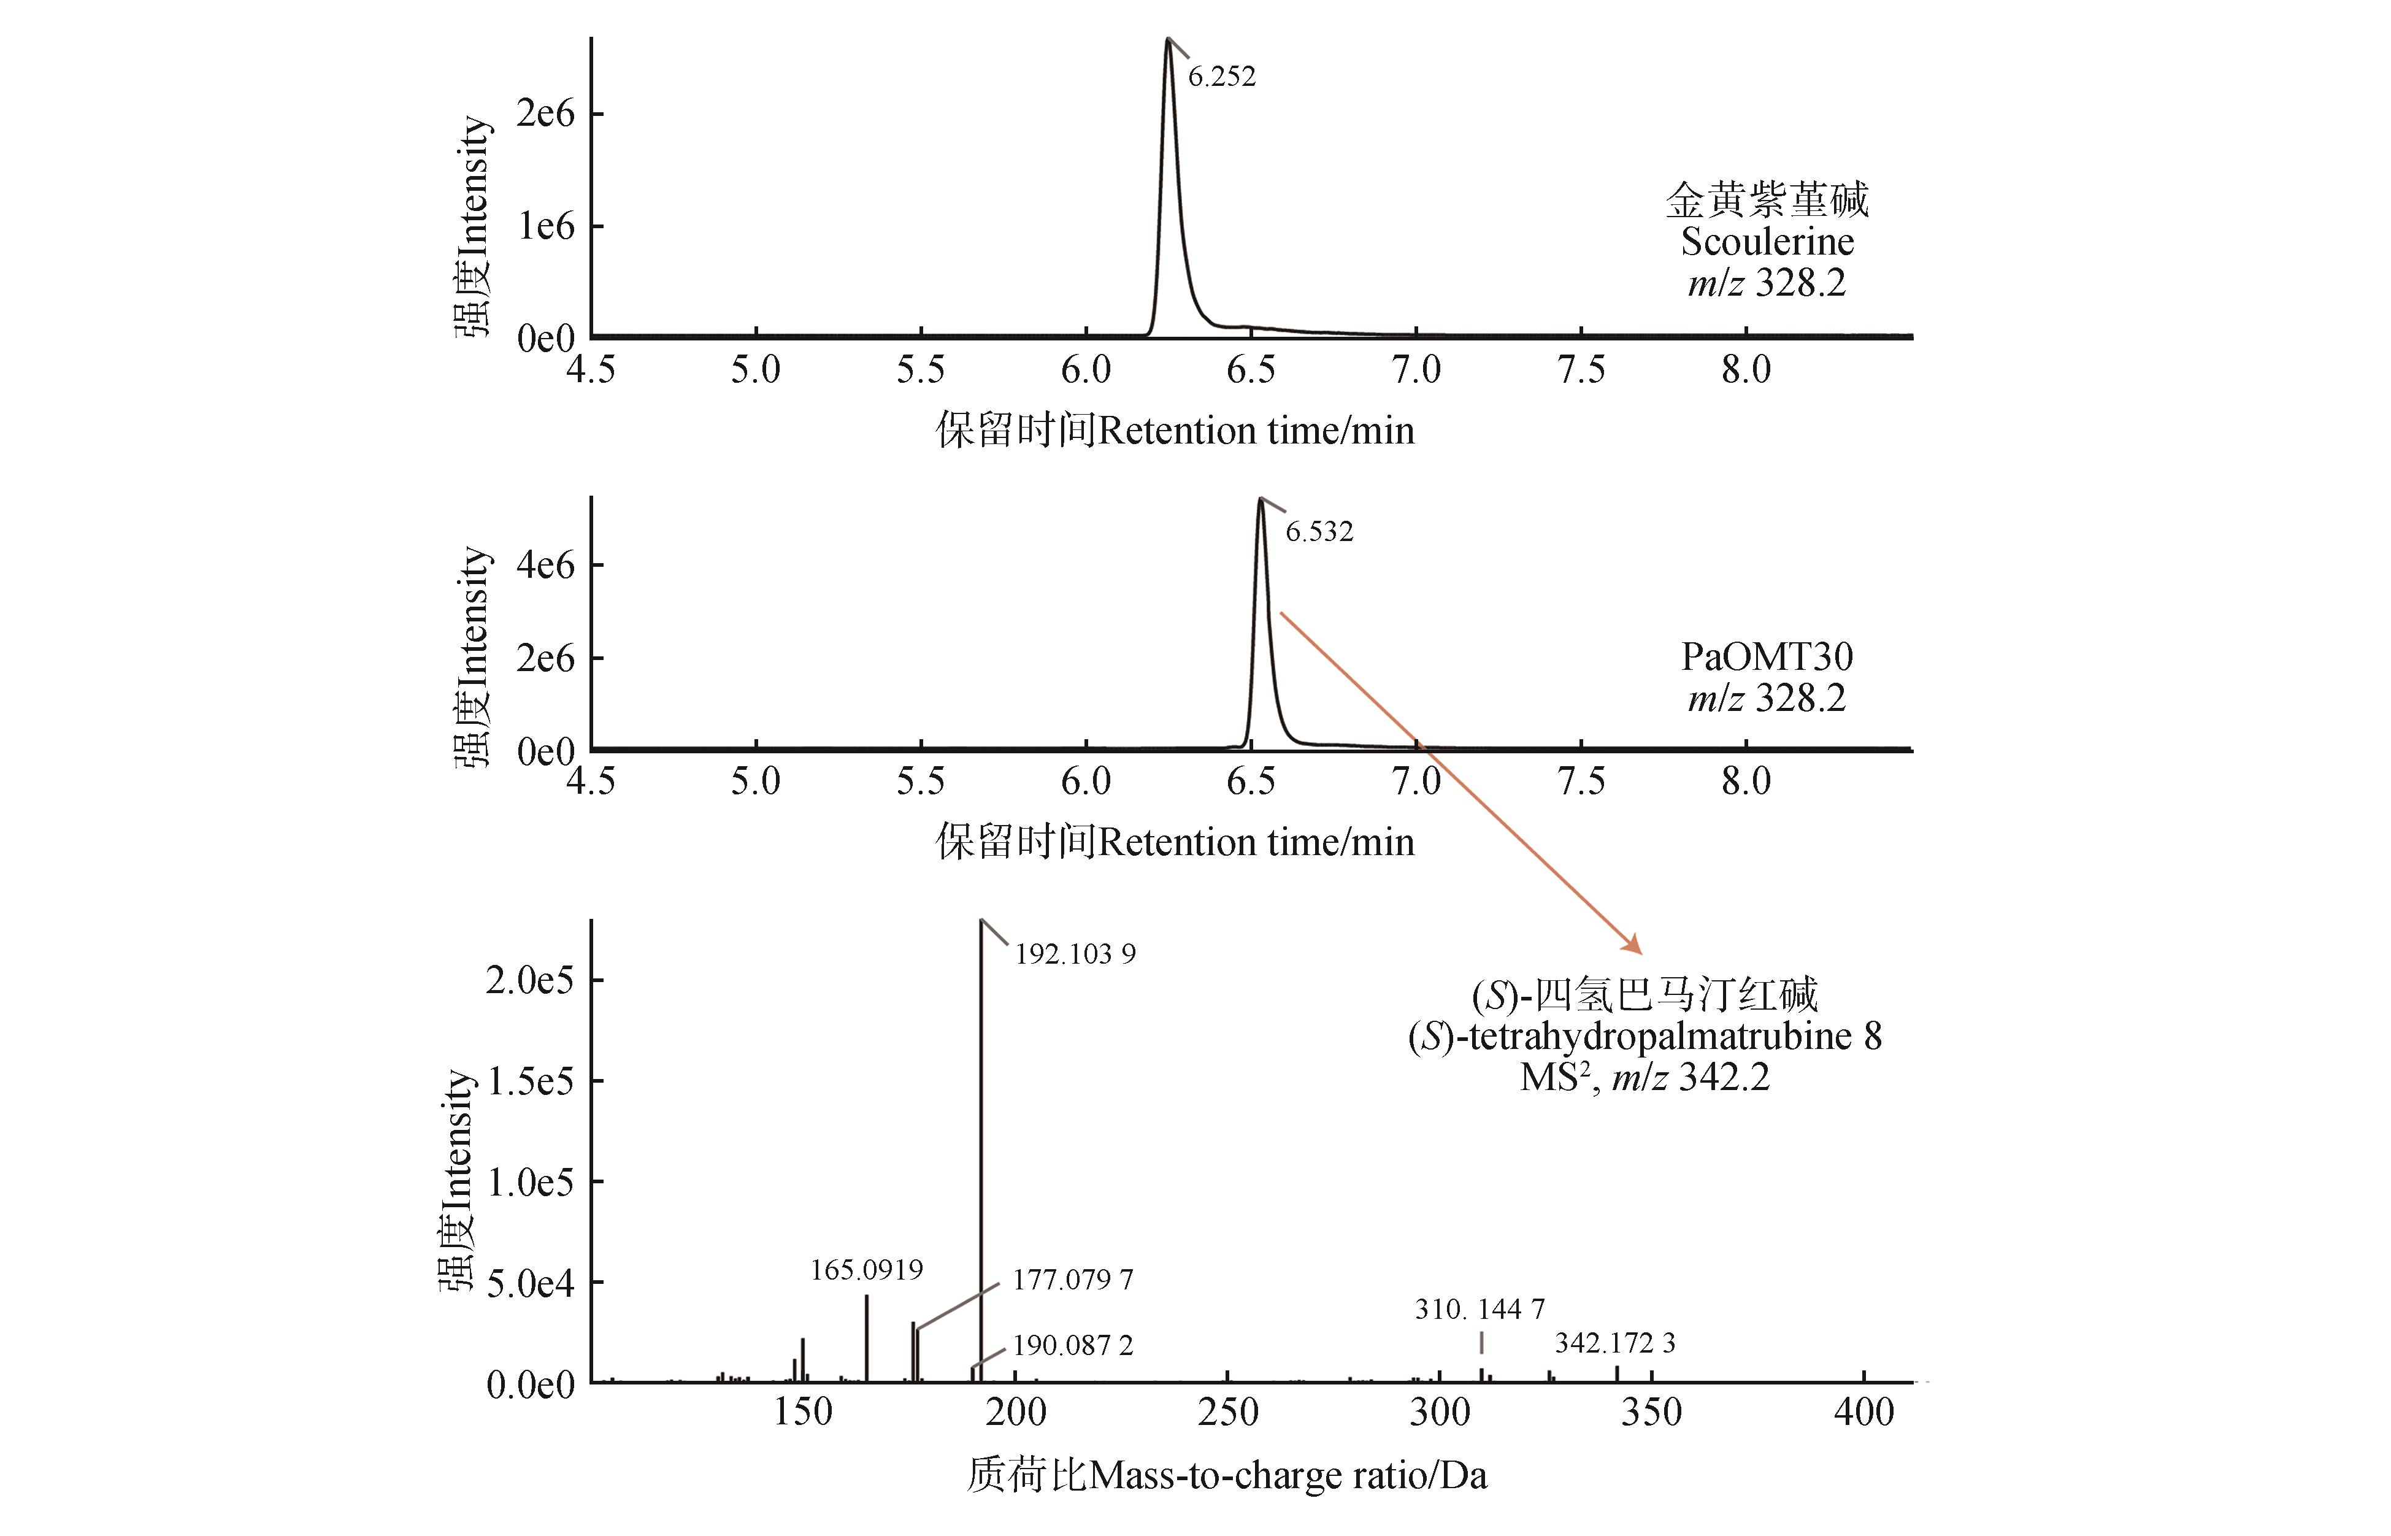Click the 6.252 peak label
pos(1221,77)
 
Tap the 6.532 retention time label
pos(1319,532)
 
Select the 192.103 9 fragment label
pos(1075,954)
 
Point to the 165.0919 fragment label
pos(867,1270)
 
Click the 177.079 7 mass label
pos(1073,1280)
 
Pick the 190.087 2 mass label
pos(1073,1346)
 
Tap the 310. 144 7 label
pos(1480,1308)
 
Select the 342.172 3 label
pos(1615,1343)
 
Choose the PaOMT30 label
pos(1767,656)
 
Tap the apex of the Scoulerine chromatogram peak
pos(1167,40)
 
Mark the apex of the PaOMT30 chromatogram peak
pos(1261,499)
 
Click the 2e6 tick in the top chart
pos(545,113)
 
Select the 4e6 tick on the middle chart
pos(545,566)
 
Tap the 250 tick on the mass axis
pos(1227,1412)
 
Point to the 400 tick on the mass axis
pos(1863,1412)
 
